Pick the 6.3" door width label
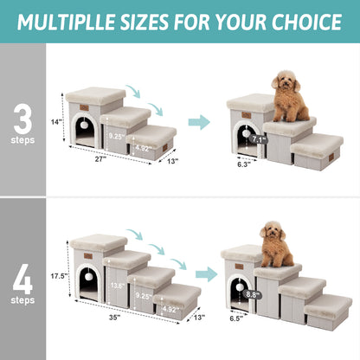[242, 162]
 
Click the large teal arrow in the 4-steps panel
[206, 275]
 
